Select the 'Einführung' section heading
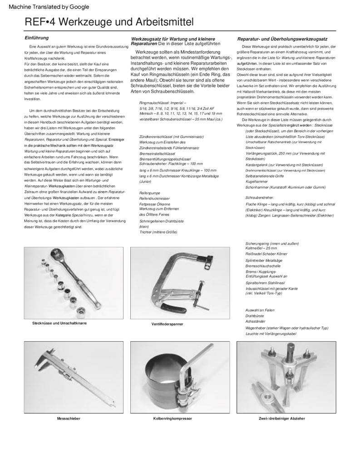pyautogui.click(x=36, y=38)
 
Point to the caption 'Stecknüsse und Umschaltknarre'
pyautogui.click(x=59, y=323)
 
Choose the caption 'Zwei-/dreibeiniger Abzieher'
pyautogui.click(x=281, y=418)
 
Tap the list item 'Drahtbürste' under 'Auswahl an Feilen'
pyautogui.click(x=255, y=315)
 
